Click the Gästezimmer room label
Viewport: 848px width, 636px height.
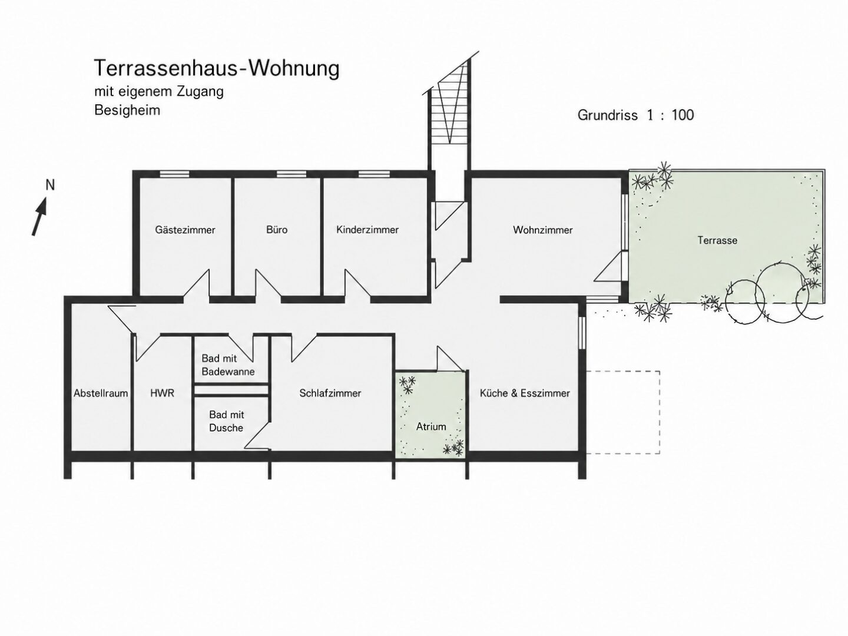(185, 230)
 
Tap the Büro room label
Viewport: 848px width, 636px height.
(277, 230)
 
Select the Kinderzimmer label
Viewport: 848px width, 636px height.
(367, 230)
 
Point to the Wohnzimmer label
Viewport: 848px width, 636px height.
(543, 230)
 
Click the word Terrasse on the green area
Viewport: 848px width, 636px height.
(717, 240)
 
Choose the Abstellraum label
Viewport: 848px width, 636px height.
(101, 393)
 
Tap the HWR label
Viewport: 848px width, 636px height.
(163, 393)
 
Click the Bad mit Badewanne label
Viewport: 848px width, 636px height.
(228, 365)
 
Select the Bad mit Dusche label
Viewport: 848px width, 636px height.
(226, 421)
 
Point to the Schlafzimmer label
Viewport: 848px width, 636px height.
(330, 393)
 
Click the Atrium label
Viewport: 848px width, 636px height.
(431, 426)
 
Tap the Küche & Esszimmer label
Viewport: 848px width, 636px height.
(525, 393)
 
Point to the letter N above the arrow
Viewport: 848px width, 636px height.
(50, 185)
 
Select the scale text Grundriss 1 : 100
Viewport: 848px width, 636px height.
(636, 115)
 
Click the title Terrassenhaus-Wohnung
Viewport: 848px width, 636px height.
(217, 68)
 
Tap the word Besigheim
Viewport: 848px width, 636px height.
(127, 111)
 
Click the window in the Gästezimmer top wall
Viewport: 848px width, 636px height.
(175, 174)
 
